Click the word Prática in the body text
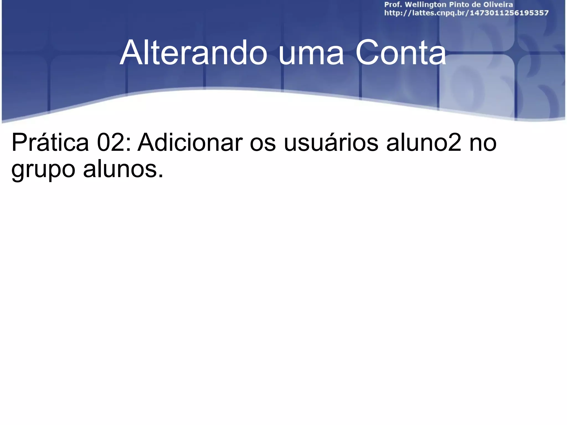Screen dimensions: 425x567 [50, 143]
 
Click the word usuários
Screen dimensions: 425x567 [331, 143]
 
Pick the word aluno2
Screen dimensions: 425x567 [424, 143]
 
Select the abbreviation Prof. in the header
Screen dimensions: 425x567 [393, 5]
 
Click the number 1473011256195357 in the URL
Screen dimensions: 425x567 [509, 13]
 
